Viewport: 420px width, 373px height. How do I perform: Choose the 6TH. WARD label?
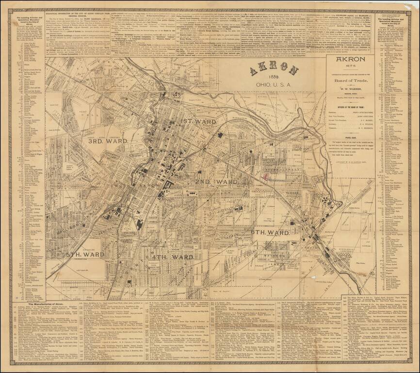click(270, 233)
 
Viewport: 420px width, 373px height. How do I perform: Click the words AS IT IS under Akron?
click(352, 67)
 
